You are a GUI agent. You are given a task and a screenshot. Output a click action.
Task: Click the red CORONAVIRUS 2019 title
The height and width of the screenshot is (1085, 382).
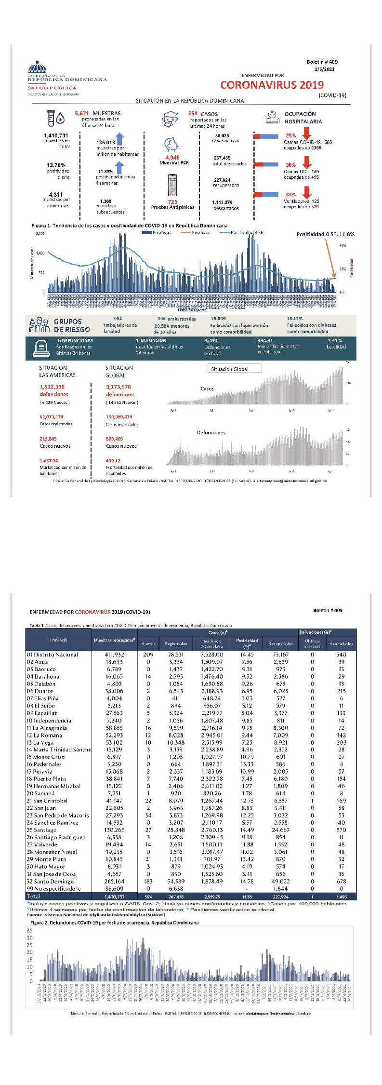[x=272, y=85]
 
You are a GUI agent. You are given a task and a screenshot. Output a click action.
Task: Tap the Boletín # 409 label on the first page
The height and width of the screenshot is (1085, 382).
[x=322, y=62]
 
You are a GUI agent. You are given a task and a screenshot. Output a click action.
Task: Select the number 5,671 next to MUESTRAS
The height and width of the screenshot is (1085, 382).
[x=82, y=113]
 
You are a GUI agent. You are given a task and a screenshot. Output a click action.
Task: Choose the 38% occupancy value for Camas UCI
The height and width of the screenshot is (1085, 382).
[x=290, y=165]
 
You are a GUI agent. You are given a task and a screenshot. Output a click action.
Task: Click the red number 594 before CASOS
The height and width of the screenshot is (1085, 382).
[x=193, y=114]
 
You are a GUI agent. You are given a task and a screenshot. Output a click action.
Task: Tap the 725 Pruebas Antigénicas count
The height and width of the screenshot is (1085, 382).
[x=172, y=202]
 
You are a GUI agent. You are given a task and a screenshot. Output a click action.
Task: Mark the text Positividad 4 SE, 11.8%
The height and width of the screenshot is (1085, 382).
[x=325, y=234]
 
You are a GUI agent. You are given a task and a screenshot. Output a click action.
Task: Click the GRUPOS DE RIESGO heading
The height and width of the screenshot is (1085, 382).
[x=72, y=325]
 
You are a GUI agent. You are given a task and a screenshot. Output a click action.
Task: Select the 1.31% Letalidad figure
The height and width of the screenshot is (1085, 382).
[x=334, y=340]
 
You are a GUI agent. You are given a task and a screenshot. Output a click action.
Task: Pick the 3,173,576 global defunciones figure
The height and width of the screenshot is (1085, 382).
[x=119, y=387]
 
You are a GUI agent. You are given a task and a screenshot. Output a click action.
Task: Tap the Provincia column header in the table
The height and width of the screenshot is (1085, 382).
[x=58, y=640]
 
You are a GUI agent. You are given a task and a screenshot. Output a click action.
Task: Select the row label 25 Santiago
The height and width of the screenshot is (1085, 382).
[x=42, y=830]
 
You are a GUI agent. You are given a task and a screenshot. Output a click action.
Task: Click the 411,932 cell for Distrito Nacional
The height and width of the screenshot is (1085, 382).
[x=114, y=655]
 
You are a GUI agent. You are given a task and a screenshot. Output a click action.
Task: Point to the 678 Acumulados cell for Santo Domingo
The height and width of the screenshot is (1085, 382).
[x=341, y=881]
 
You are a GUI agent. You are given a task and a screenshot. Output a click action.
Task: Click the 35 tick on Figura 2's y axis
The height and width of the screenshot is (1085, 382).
[x=29, y=930]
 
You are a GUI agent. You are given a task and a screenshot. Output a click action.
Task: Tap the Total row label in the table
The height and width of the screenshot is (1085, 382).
[x=34, y=896]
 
